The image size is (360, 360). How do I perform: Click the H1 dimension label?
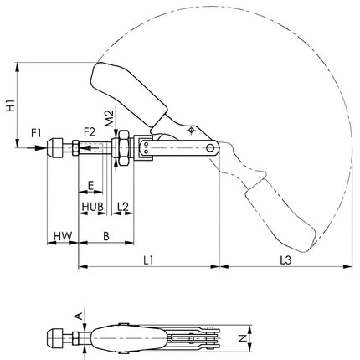(x=9, y=105)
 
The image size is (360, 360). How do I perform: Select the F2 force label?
(x=90, y=132)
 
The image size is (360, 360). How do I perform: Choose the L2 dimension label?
(x=122, y=206)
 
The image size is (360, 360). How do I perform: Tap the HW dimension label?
(x=60, y=238)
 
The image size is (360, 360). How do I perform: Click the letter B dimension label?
(x=105, y=238)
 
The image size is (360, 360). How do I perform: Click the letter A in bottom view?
(x=79, y=315)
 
